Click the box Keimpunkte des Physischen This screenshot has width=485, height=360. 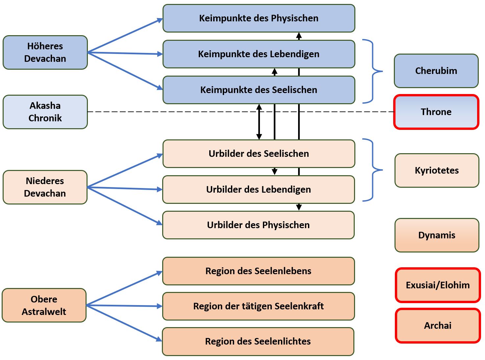click(259, 18)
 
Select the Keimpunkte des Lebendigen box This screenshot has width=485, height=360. click(259, 54)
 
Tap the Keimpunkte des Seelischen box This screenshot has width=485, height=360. click(259, 90)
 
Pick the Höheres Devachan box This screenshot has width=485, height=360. click(45, 53)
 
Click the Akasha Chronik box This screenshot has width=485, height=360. click(45, 112)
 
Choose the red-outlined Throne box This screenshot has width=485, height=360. click(436, 112)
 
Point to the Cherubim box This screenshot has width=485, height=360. click(436, 71)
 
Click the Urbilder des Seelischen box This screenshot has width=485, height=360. click(259, 154)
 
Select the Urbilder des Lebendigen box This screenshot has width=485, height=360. click(259, 190)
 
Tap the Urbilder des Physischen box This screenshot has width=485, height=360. click(258, 225)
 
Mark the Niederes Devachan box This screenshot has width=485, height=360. click(45, 187)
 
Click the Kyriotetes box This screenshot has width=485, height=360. click(437, 170)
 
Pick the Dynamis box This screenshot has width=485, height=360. click(437, 235)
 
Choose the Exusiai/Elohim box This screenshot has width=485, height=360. click(438, 285)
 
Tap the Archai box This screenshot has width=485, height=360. click(438, 326)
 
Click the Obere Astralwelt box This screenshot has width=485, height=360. click(44, 305)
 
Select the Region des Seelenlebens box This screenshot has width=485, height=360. click(258, 271)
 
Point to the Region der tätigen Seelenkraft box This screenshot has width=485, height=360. click(258, 306)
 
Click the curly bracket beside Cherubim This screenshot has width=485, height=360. click(373, 71)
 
